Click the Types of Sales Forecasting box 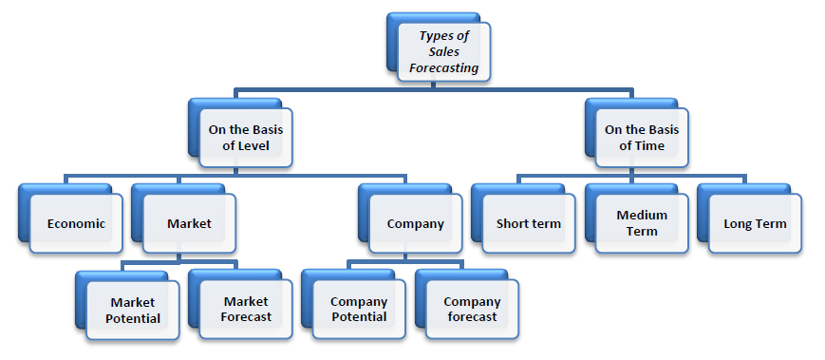(x=443, y=52)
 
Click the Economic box (x=76, y=224)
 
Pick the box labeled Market (x=189, y=224)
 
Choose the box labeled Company (x=415, y=224)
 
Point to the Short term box (x=529, y=224)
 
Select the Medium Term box (x=642, y=223)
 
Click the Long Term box (x=755, y=224)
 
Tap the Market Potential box (x=133, y=310)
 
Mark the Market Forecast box (x=247, y=310)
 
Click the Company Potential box (x=359, y=310)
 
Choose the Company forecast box (x=472, y=310)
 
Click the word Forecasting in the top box (x=443, y=68)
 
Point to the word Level (x=253, y=146)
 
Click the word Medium (x=642, y=215)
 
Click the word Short (x=514, y=224)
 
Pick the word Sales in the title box (x=443, y=52)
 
